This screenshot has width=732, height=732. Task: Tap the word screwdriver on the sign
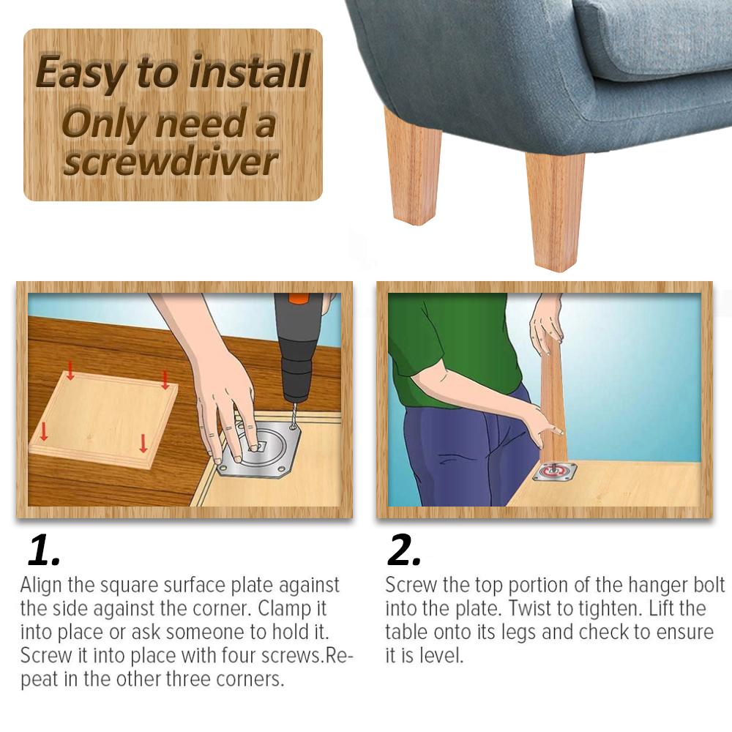tap(171, 162)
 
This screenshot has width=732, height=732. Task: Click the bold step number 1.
tap(44, 550)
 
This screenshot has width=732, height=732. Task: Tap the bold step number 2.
tap(404, 550)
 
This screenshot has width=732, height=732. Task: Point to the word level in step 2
tap(441, 655)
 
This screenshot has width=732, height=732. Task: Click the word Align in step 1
tap(42, 585)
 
